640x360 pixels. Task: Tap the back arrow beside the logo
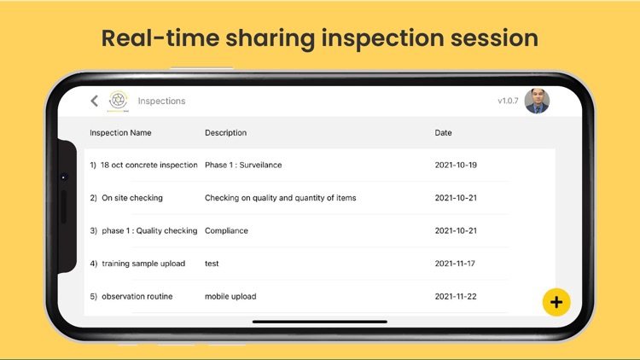click(95, 101)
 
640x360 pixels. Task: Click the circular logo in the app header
click(119, 101)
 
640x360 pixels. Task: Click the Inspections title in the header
click(161, 102)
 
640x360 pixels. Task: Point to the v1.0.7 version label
click(508, 102)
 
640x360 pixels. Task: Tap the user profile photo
click(537, 101)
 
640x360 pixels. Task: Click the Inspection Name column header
click(120, 133)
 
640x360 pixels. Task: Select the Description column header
click(225, 133)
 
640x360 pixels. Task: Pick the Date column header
click(444, 133)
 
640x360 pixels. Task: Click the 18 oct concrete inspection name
click(148, 165)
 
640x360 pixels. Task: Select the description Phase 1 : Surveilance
click(243, 165)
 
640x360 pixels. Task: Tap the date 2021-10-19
click(456, 165)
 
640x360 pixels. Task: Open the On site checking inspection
click(131, 198)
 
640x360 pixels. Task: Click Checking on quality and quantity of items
click(280, 198)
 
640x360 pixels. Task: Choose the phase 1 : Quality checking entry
click(149, 231)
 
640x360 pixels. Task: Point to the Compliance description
click(226, 231)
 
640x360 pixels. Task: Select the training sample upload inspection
click(143, 264)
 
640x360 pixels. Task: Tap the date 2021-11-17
click(456, 264)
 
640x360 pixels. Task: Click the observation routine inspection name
click(137, 297)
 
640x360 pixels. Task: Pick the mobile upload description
click(230, 297)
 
